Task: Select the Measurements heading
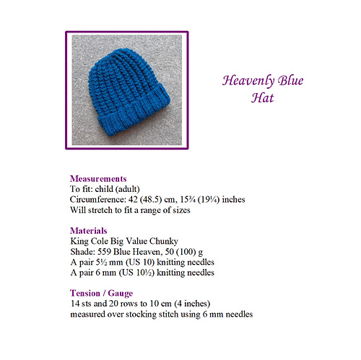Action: click(98, 178)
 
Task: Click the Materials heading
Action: click(90, 230)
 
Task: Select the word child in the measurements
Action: click(109, 188)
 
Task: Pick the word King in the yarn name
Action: click(79, 241)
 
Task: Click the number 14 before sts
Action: click(74, 304)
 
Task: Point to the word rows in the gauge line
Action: click(121, 304)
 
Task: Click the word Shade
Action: click(82, 251)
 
